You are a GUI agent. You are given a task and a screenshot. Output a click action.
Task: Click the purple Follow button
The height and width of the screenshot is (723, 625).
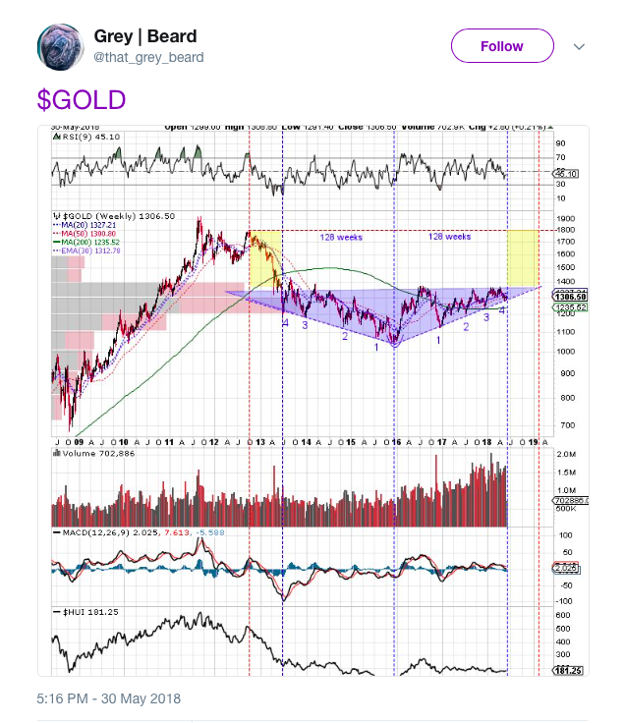click(502, 46)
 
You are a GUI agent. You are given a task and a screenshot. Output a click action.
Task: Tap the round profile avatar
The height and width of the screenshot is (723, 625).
click(61, 47)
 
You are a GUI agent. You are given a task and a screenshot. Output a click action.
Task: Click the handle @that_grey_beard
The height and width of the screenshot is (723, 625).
click(148, 58)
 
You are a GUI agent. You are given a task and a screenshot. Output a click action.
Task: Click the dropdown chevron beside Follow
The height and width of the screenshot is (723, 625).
click(579, 47)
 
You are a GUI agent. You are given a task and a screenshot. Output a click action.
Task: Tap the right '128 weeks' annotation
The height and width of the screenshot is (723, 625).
click(450, 237)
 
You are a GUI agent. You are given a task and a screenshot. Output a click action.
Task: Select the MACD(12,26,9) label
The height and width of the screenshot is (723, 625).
click(89, 531)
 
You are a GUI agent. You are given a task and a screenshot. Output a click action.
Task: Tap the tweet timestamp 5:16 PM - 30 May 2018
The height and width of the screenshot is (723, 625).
click(109, 698)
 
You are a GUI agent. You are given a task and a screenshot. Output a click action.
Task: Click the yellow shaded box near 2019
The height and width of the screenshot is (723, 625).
click(522, 257)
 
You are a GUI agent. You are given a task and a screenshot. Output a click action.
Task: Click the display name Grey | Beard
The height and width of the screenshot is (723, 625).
click(145, 37)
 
